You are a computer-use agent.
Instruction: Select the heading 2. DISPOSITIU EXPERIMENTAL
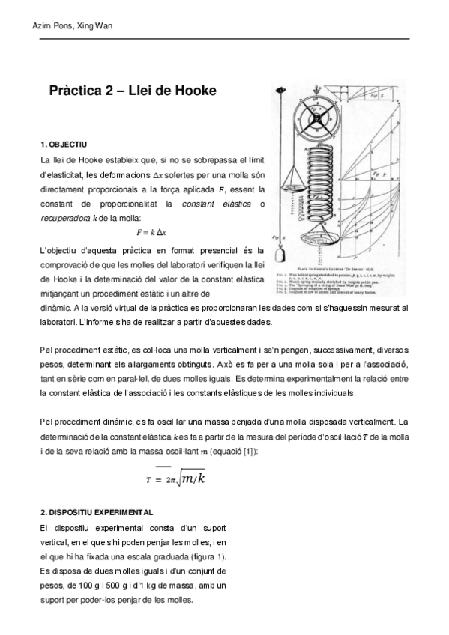click(x=97, y=513)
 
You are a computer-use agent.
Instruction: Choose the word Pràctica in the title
click(x=74, y=91)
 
